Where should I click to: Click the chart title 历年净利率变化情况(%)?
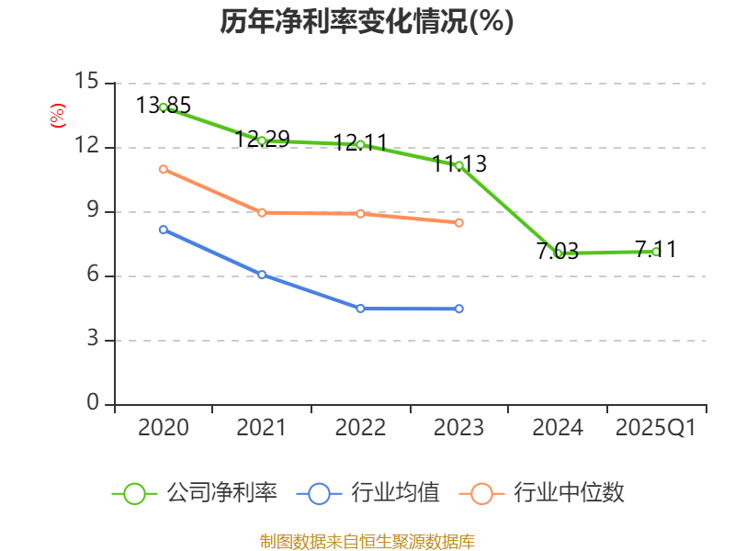[x=367, y=22]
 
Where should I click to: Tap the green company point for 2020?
[x=164, y=107]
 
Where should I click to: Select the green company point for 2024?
[x=558, y=253]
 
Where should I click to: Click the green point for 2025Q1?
[x=656, y=252]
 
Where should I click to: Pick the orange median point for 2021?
[x=262, y=212]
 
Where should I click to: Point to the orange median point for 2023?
[x=459, y=222]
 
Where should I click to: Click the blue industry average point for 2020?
[x=164, y=230]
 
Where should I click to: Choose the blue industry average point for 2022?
[x=360, y=309]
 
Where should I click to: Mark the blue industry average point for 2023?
[x=459, y=309]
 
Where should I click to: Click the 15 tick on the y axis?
[x=87, y=83]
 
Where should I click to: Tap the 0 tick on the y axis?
[x=93, y=404]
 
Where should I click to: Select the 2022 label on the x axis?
[x=360, y=428]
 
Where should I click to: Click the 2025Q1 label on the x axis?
[x=656, y=428]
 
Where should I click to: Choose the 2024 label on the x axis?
[x=558, y=428]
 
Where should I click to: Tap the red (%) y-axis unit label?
[x=57, y=116]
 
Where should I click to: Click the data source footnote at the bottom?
[x=367, y=541]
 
